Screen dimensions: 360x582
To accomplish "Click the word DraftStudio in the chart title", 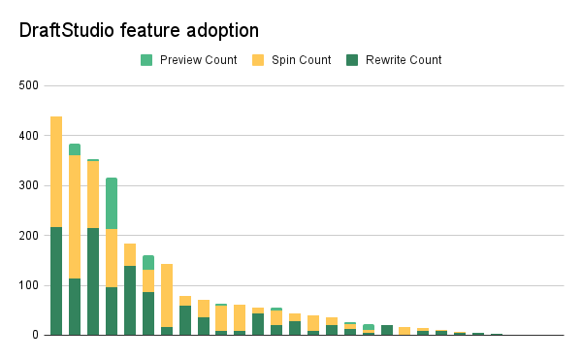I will pyautogui.click(x=67, y=31).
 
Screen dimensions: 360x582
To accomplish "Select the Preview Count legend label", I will pyautogui.click(x=198, y=60).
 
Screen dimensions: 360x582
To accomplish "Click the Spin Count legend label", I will pyautogui.click(x=301, y=60).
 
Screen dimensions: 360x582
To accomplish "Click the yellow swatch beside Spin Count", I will pyautogui.click(x=258, y=60).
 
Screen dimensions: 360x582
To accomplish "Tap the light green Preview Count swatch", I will pyautogui.click(x=146, y=60).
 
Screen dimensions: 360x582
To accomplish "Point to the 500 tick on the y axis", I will pyautogui.click(x=28, y=86).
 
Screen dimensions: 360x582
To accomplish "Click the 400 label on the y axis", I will pyautogui.click(x=28, y=136).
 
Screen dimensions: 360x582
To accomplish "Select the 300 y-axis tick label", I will pyautogui.click(x=28, y=185).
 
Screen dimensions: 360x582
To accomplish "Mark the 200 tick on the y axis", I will pyautogui.click(x=28, y=236).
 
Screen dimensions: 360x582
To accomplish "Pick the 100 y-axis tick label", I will pyautogui.click(x=28, y=285).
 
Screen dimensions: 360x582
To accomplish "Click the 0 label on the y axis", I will pyautogui.click(x=34, y=335).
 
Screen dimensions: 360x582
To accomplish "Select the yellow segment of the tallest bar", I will pyautogui.click(x=56, y=172).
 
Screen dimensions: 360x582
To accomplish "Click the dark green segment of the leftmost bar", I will pyautogui.click(x=56, y=281).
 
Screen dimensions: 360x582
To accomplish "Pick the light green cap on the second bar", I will pyautogui.click(x=75, y=149).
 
